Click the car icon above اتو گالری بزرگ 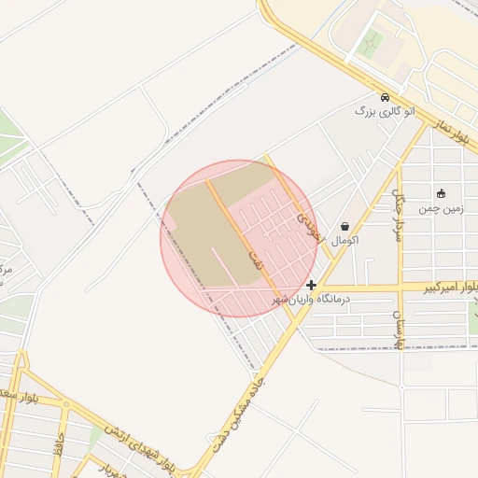coord(385,97)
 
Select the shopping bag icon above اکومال coord(345,226)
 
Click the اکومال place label coord(345,240)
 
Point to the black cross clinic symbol coord(311,285)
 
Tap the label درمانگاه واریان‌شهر coord(310,300)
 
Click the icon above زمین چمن coord(441,194)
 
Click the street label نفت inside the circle coord(254,260)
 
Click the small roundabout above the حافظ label coord(64,405)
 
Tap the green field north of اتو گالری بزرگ coord(372,44)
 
